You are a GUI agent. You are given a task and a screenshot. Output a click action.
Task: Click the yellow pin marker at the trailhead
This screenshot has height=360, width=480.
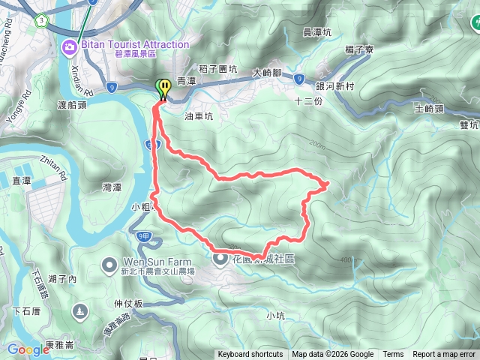point(162,88)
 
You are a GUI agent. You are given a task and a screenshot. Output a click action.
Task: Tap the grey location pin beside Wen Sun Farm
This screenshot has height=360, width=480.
point(109,265)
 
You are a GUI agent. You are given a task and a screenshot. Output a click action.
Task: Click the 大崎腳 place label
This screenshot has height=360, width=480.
point(266,73)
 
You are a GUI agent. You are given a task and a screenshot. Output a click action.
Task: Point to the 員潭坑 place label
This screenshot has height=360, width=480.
point(317,32)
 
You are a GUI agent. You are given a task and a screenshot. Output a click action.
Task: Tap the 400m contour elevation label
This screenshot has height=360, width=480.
point(347,259)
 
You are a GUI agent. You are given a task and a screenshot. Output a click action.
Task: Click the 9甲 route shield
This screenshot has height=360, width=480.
point(145,237)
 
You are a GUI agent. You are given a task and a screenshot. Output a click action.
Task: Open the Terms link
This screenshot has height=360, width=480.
point(393,355)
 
